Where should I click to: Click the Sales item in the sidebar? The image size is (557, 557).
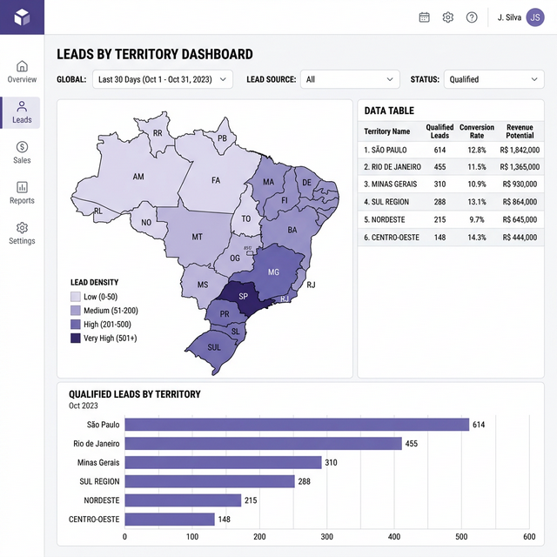(x=22, y=152)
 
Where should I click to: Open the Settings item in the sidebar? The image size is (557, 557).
(x=22, y=233)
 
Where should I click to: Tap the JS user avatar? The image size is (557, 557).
(x=535, y=17)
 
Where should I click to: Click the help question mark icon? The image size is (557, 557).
(x=472, y=17)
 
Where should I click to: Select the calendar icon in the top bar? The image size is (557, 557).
(x=425, y=17)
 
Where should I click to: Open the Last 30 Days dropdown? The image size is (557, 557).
(x=163, y=79)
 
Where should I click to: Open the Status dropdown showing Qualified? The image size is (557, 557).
(x=493, y=79)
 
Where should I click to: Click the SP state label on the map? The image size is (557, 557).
(x=243, y=296)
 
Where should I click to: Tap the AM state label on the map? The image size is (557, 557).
(x=138, y=177)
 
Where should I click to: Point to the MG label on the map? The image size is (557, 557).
(x=274, y=272)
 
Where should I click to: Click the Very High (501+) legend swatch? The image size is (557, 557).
(x=76, y=338)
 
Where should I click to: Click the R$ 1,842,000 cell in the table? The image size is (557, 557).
(x=520, y=150)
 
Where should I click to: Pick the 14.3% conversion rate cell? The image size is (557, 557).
(x=477, y=237)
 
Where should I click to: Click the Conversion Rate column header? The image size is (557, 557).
(x=477, y=131)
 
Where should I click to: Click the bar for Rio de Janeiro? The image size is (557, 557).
(x=263, y=444)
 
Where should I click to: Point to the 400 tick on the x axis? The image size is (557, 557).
(x=394, y=537)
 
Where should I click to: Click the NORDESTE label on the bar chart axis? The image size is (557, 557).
(x=102, y=500)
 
